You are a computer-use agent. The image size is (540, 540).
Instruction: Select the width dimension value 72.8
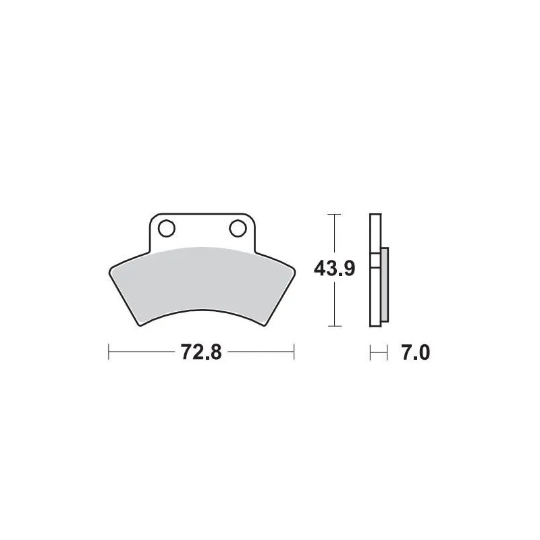coord(201,352)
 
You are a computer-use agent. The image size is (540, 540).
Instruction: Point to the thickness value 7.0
coord(416,352)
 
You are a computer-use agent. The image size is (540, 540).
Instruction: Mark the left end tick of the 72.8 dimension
coord(109,352)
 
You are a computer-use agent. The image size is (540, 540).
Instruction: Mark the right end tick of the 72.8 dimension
coord(294,352)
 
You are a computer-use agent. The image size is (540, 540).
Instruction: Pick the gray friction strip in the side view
coord(385,283)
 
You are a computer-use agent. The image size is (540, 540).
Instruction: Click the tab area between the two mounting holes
coord(202,230)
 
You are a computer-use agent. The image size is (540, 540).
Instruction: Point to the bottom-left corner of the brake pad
coord(140,325)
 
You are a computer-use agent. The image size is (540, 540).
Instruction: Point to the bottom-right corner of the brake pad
coord(264,325)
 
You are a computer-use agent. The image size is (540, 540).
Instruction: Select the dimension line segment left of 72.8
coord(142,352)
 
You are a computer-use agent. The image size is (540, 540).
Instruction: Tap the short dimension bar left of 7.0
coord(379,352)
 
